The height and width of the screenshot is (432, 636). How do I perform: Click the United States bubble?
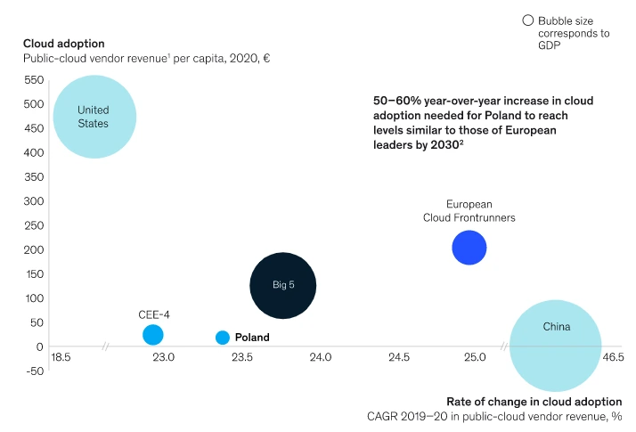(94, 117)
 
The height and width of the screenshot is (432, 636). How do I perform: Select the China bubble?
(555, 345)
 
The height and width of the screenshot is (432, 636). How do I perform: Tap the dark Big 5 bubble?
(283, 285)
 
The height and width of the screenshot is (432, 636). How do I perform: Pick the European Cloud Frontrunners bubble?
(469, 248)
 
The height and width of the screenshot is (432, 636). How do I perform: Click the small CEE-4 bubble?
(153, 335)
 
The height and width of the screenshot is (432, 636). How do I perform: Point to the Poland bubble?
(223, 338)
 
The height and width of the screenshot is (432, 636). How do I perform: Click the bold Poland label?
(252, 338)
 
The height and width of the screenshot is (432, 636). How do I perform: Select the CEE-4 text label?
(154, 314)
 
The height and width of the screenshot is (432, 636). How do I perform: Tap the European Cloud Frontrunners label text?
(469, 210)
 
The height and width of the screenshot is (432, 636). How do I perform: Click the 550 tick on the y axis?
(35, 79)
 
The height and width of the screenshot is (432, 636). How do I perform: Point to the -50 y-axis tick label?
(34, 371)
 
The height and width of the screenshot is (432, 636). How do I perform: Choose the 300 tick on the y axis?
(35, 200)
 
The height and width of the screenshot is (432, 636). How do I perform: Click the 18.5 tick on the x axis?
(61, 357)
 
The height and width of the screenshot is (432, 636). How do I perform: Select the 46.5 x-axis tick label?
(613, 357)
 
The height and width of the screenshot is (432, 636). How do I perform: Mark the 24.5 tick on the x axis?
(399, 357)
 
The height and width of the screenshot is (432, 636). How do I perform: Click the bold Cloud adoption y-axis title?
(64, 44)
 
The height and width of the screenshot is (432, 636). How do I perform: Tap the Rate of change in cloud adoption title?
(534, 400)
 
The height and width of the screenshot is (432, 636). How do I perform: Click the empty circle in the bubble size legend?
(527, 20)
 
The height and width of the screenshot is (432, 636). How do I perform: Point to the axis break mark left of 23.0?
(105, 346)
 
